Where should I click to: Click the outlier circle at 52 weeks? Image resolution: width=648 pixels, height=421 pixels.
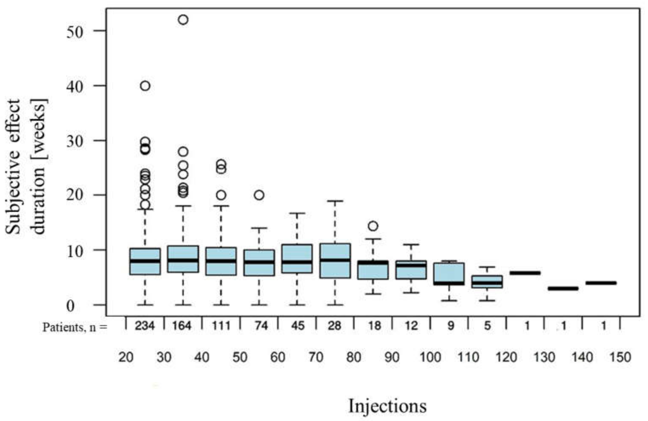click(x=183, y=20)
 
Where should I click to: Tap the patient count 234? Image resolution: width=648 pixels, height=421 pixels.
click(x=145, y=326)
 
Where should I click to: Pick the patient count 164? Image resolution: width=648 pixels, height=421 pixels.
click(x=182, y=326)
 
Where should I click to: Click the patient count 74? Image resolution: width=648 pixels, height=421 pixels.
click(x=261, y=326)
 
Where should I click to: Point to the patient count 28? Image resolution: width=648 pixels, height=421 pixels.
click(x=334, y=326)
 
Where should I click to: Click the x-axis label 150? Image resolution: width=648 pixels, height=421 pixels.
click(x=620, y=357)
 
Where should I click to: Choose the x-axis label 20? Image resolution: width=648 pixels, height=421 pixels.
click(x=126, y=357)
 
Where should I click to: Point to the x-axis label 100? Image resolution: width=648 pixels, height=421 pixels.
click(x=430, y=357)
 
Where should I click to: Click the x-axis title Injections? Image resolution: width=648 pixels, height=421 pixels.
click(x=387, y=406)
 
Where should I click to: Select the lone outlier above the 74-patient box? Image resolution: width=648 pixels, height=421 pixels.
click(x=259, y=195)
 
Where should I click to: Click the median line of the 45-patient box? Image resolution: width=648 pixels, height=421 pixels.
click(x=297, y=262)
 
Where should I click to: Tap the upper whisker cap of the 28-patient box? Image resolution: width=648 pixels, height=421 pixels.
click(x=335, y=201)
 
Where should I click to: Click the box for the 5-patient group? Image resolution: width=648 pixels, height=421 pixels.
click(x=487, y=282)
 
